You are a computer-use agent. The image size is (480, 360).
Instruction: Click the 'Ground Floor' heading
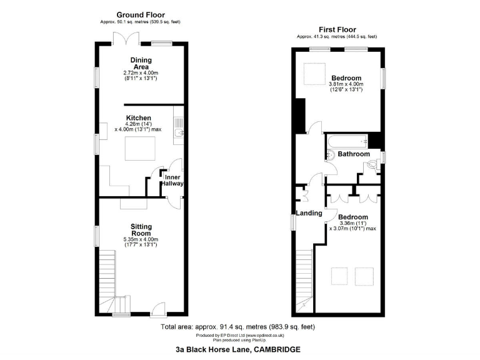click(x=141, y=14)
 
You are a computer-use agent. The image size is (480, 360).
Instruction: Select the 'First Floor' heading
click(x=337, y=29)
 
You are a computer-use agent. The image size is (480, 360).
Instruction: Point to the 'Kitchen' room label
click(x=138, y=117)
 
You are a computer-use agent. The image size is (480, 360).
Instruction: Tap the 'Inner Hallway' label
click(x=172, y=181)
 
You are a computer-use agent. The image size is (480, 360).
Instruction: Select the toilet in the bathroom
click(x=374, y=165)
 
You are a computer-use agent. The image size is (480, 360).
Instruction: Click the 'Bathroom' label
click(x=354, y=154)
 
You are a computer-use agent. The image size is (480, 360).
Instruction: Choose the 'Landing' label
click(x=309, y=213)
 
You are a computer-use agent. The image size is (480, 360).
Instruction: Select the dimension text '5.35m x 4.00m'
click(x=141, y=239)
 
